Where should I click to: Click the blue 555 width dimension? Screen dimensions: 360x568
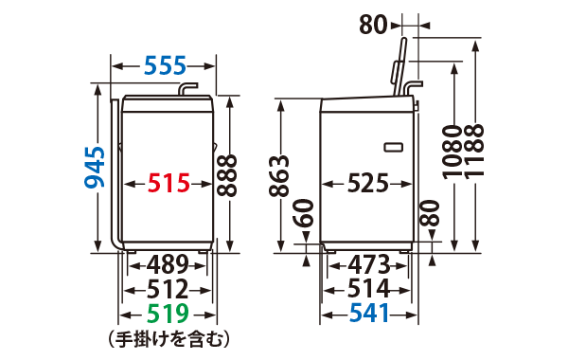[165, 66]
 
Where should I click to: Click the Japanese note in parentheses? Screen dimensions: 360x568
[169, 337]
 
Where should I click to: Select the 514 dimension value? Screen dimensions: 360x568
[370, 289]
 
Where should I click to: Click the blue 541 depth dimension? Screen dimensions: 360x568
[370, 314]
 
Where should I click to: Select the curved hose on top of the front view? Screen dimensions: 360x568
[188, 89]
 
